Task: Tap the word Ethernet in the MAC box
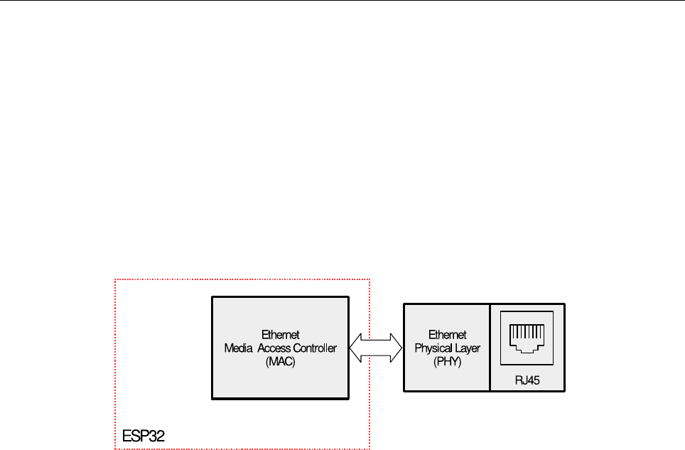pyautogui.click(x=280, y=335)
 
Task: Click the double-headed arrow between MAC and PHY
pyautogui.click(x=376, y=348)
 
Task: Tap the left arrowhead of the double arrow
pyautogui.click(x=358, y=348)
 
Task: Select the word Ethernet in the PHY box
pyautogui.click(x=447, y=335)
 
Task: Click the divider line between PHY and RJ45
pyautogui.click(x=490, y=347)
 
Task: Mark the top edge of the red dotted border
pyautogui.click(x=242, y=280)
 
